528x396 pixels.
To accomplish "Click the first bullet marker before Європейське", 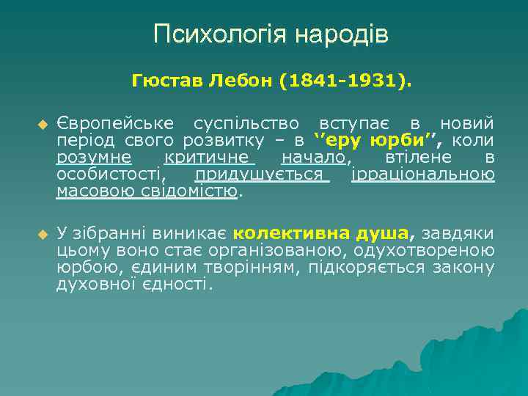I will (41, 123).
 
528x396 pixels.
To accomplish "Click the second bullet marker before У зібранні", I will (41, 234).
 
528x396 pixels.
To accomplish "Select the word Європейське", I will (115, 122).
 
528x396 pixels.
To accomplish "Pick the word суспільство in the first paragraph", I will (247, 122).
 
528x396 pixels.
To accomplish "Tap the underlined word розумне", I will (94, 157).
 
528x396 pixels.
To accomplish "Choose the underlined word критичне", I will (209, 157).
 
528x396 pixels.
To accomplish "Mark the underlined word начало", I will (313, 157).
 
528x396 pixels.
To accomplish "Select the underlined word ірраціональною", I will (422, 175).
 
